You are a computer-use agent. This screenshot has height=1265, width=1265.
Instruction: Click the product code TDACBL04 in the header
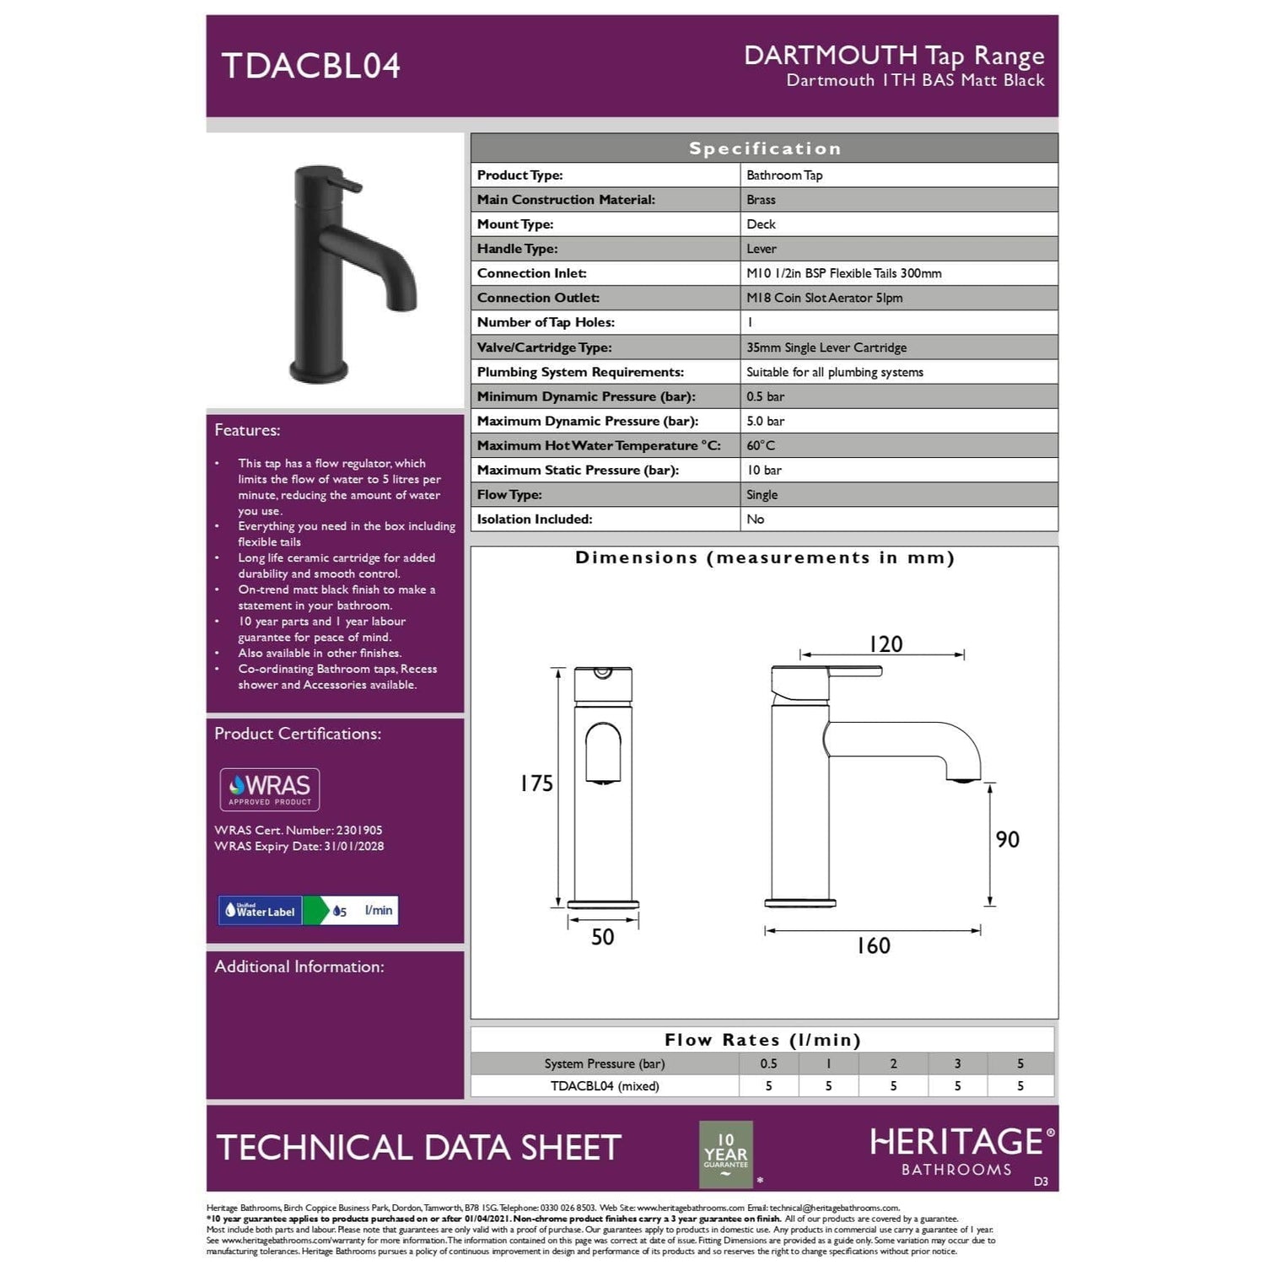click(310, 66)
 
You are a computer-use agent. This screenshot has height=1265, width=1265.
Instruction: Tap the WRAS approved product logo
click(270, 789)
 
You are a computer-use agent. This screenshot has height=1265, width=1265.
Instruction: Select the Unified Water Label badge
click(308, 911)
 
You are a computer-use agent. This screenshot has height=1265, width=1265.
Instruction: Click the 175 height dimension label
click(536, 783)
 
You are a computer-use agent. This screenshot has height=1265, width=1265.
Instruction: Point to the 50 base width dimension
click(602, 937)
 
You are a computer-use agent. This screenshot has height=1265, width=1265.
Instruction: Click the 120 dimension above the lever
click(885, 644)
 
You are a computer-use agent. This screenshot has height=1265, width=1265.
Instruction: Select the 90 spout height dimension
click(1007, 840)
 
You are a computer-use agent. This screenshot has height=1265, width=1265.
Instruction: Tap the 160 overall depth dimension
click(873, 946)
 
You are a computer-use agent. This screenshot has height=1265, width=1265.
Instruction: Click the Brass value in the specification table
click(761, 200)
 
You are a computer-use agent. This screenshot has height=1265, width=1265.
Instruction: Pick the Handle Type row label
click(517, 249)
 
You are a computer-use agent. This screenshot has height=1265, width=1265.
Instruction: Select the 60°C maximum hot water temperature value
click(760, 445)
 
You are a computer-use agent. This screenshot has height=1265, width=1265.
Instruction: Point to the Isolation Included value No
click(755, 519)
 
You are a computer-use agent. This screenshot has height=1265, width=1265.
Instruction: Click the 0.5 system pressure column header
click(768, 1063)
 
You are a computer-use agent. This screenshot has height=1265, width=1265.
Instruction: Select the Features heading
click(247, 430)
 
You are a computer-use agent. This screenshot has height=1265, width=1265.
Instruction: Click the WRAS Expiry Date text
click(299, 847)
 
